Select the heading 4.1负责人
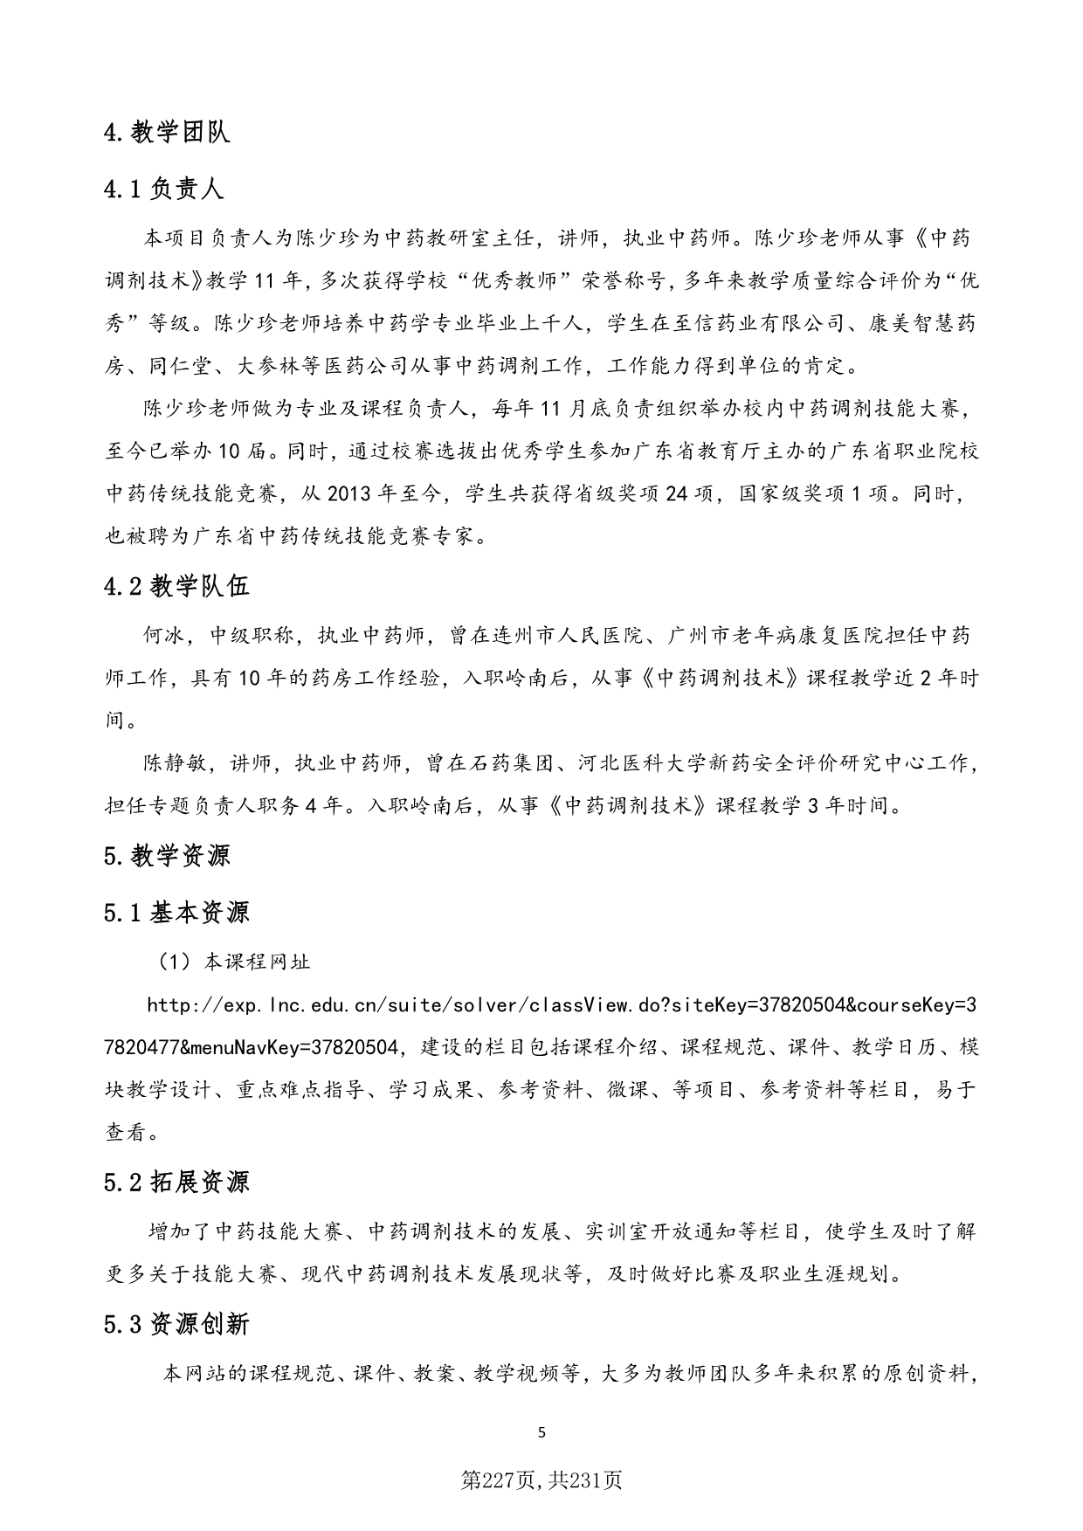163,189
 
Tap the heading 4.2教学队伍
176,585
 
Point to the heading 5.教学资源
167,856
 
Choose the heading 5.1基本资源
176,913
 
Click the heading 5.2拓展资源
176,1183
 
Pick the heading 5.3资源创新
176,1324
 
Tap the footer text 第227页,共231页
541,1479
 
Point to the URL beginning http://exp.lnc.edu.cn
559,1005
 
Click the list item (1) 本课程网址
232,962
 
